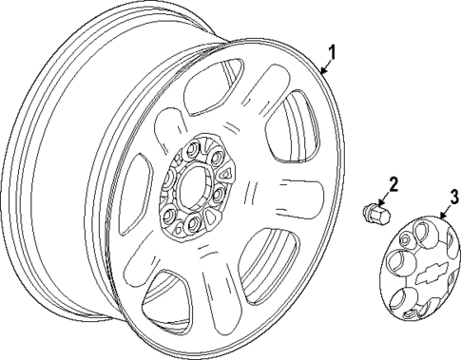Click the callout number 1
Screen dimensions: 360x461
(331, 51)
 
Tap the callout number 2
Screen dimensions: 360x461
(393, 182)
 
